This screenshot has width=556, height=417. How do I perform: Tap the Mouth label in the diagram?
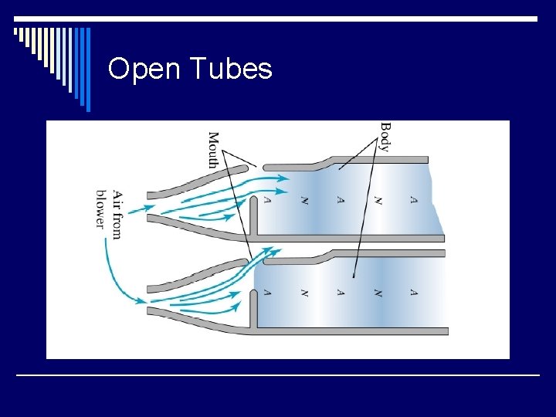[x=213, y=150]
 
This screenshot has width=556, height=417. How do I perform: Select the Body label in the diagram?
[x=385, y=137]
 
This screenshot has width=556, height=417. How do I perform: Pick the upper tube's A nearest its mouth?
[x=267, y=200]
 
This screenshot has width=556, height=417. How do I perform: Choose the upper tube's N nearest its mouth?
[x=304, y=200]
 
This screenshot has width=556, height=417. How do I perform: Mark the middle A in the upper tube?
[x=341, y=200]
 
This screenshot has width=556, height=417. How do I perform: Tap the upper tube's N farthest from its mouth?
[x=378, y=200]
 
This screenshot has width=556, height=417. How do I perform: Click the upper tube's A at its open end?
[x=414, y=200]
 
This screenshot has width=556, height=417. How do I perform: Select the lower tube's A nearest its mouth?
[x=267, y=293]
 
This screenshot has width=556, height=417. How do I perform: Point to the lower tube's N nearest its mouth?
[x=304, y=293]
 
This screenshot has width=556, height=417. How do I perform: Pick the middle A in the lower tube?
[x=341, y=293]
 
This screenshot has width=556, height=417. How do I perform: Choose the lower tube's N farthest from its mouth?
[x=378, y=293]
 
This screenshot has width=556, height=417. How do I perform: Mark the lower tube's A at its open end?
[x=414, y=293]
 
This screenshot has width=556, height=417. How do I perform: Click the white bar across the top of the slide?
[x=278, y=19]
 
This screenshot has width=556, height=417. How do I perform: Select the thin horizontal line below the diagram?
[x=278, y=375]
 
